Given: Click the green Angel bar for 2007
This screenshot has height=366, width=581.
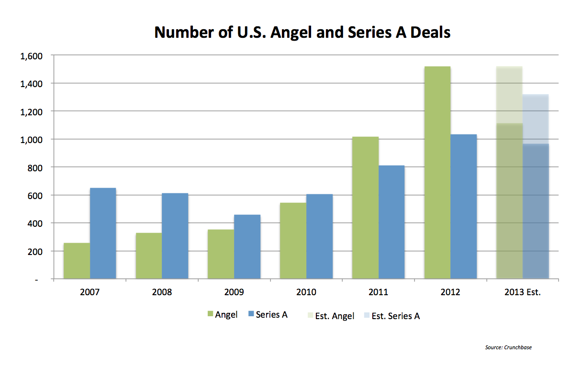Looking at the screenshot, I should (77, 261).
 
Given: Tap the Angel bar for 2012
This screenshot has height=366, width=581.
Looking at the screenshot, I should (437, 172).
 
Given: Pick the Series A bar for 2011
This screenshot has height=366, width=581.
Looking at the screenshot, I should (391, 222).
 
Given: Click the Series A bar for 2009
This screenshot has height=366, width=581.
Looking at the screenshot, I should (247, 246).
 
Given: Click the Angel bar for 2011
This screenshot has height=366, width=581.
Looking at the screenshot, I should (365, 208).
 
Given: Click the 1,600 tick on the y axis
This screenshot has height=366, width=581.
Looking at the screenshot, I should (32, 56).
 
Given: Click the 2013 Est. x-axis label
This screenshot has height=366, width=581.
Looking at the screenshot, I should (522, 292).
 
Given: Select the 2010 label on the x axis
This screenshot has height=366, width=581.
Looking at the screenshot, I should (306, 292).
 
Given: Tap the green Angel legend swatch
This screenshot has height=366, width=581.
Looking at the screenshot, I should (210, 314).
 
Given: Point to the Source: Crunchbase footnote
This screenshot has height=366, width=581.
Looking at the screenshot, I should (508, 347).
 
